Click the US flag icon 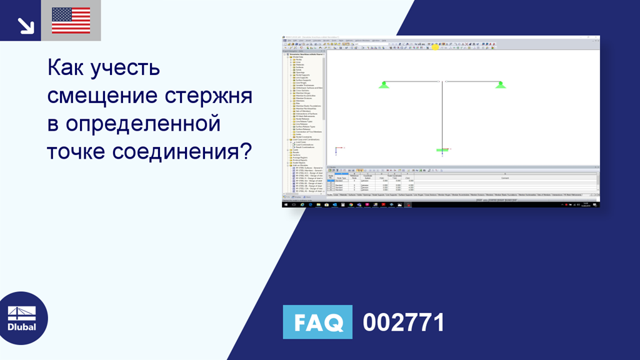click(71, 21)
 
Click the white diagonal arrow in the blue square click(26, 25)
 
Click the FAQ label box click(317, 322)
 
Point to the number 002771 click(404, 322)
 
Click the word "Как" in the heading click(67, 68)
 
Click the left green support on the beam click(384, 84)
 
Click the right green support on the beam click(500, 84)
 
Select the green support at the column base click(442, 151)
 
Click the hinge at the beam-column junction click(442, 81)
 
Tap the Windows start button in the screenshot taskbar click(286, 204)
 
